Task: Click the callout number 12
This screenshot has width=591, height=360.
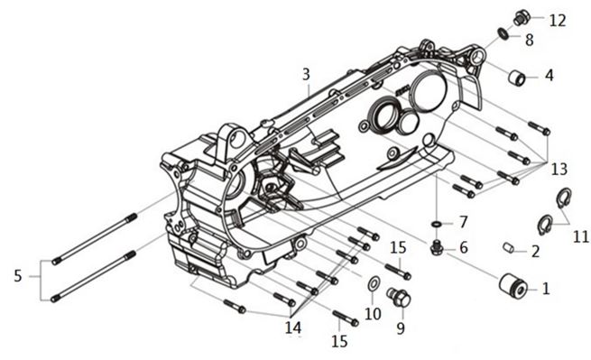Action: pos(558,21)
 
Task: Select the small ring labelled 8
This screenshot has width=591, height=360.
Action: pos(503,33)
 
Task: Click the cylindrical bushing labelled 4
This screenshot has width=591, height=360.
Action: pos(517,78)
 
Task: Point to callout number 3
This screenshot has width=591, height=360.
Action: pos(306,74)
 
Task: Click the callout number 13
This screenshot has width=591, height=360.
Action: pos(559,170)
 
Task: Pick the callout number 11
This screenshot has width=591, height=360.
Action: pos(581,236)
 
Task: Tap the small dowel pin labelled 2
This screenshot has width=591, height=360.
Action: pos(509,248)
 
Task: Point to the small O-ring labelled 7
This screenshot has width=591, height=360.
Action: pos(436,225)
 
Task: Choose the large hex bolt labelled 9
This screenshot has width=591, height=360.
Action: pos(399,298)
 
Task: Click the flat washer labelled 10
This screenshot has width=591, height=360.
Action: pos(373,284)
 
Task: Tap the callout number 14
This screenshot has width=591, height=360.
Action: pos(293,328)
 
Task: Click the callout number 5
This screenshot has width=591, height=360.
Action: pos(18,276)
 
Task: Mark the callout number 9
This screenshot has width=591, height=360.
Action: pos(401,328)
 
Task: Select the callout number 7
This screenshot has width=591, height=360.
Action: pos(463,222)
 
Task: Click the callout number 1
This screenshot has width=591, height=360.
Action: pos(546,289)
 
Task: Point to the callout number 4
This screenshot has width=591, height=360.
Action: pos(549,76)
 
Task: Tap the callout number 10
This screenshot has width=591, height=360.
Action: pos(373,314)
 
